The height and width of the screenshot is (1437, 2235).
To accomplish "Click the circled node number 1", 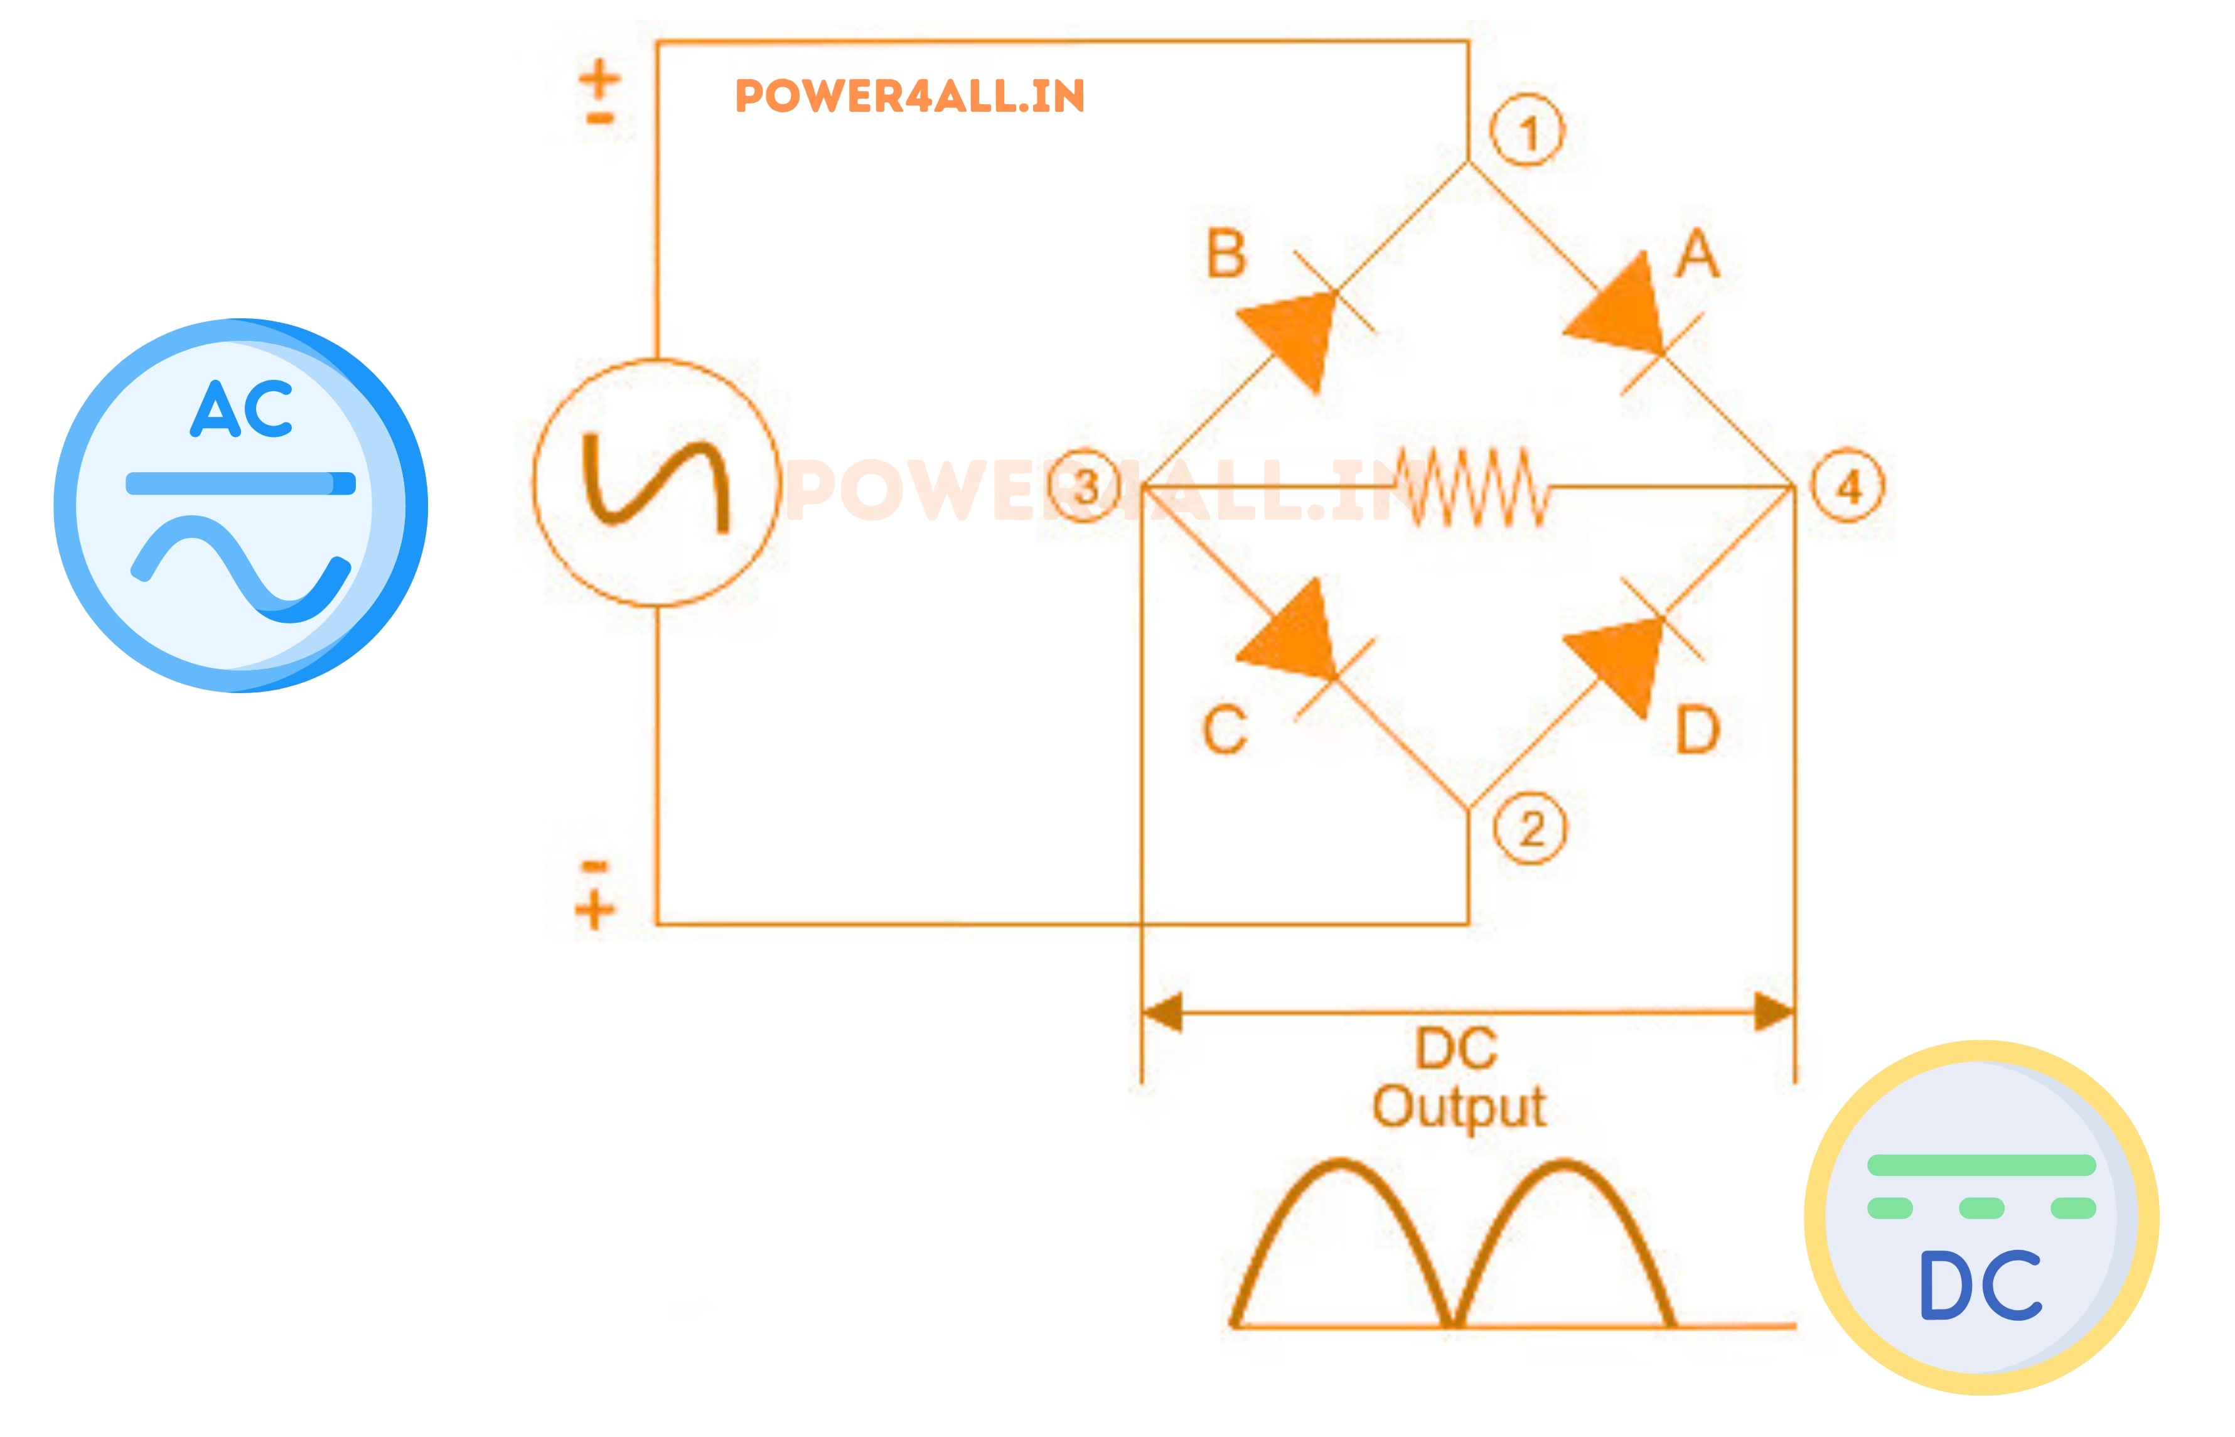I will (x=1527, y=132).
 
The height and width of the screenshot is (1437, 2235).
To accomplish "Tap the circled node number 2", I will (x=1531, y=829).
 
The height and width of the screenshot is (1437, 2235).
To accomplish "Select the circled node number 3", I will (x=1085, y=486).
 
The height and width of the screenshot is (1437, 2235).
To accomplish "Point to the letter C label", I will (x=1225, y=729).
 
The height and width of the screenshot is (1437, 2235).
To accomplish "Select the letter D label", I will (x=1698, y=729).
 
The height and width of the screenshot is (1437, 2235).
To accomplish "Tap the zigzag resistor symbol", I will (x=1472, y=485).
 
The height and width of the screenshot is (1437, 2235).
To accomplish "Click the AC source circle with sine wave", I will (x=656, y=482).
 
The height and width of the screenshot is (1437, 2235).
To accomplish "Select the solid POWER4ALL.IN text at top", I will (x=909, y=96).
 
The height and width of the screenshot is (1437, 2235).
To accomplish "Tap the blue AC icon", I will (x=240, y=505).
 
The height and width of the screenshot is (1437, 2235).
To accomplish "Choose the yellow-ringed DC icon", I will (x=1981, y=1218).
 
